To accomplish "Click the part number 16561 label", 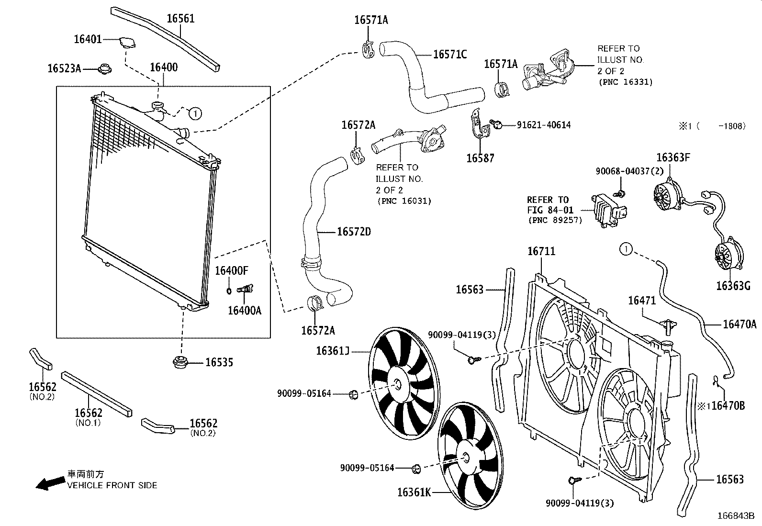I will [x=180, y=19].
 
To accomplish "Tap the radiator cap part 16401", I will [x=127, y=42].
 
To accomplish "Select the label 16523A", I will [x=64, y=68].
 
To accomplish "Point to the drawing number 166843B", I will [x=735, y=516].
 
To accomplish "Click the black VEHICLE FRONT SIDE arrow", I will [x=50, y=483].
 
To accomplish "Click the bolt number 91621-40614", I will [x=544, y=125].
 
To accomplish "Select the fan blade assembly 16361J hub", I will [x=397, y=384].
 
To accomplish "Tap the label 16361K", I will [x=414, y=492].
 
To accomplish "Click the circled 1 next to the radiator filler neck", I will [x=195, y=113].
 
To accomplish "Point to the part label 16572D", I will [x=354, y=232].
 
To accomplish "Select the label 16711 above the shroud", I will [x=541, y=251].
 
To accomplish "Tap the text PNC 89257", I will [x=555, y=221].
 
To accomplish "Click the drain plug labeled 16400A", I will [x=247, y=289].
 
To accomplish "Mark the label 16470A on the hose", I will [x=739, y=325].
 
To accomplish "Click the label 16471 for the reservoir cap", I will [x=642, y=300].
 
